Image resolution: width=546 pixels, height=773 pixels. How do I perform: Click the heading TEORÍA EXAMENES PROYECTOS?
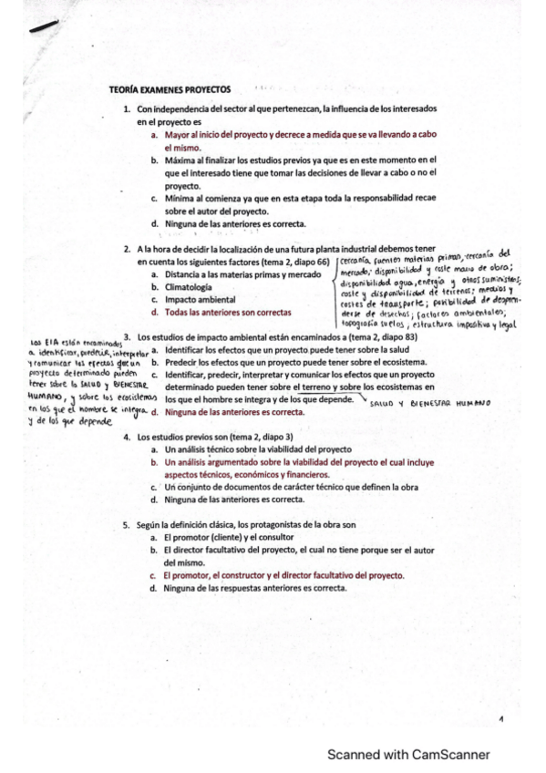coord(170,89)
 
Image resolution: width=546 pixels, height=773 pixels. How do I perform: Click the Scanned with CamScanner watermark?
coord(408,755)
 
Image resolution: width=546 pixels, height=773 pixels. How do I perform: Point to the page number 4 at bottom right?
coord(501,721)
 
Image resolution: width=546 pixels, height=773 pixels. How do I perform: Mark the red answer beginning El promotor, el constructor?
coord(283,576)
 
